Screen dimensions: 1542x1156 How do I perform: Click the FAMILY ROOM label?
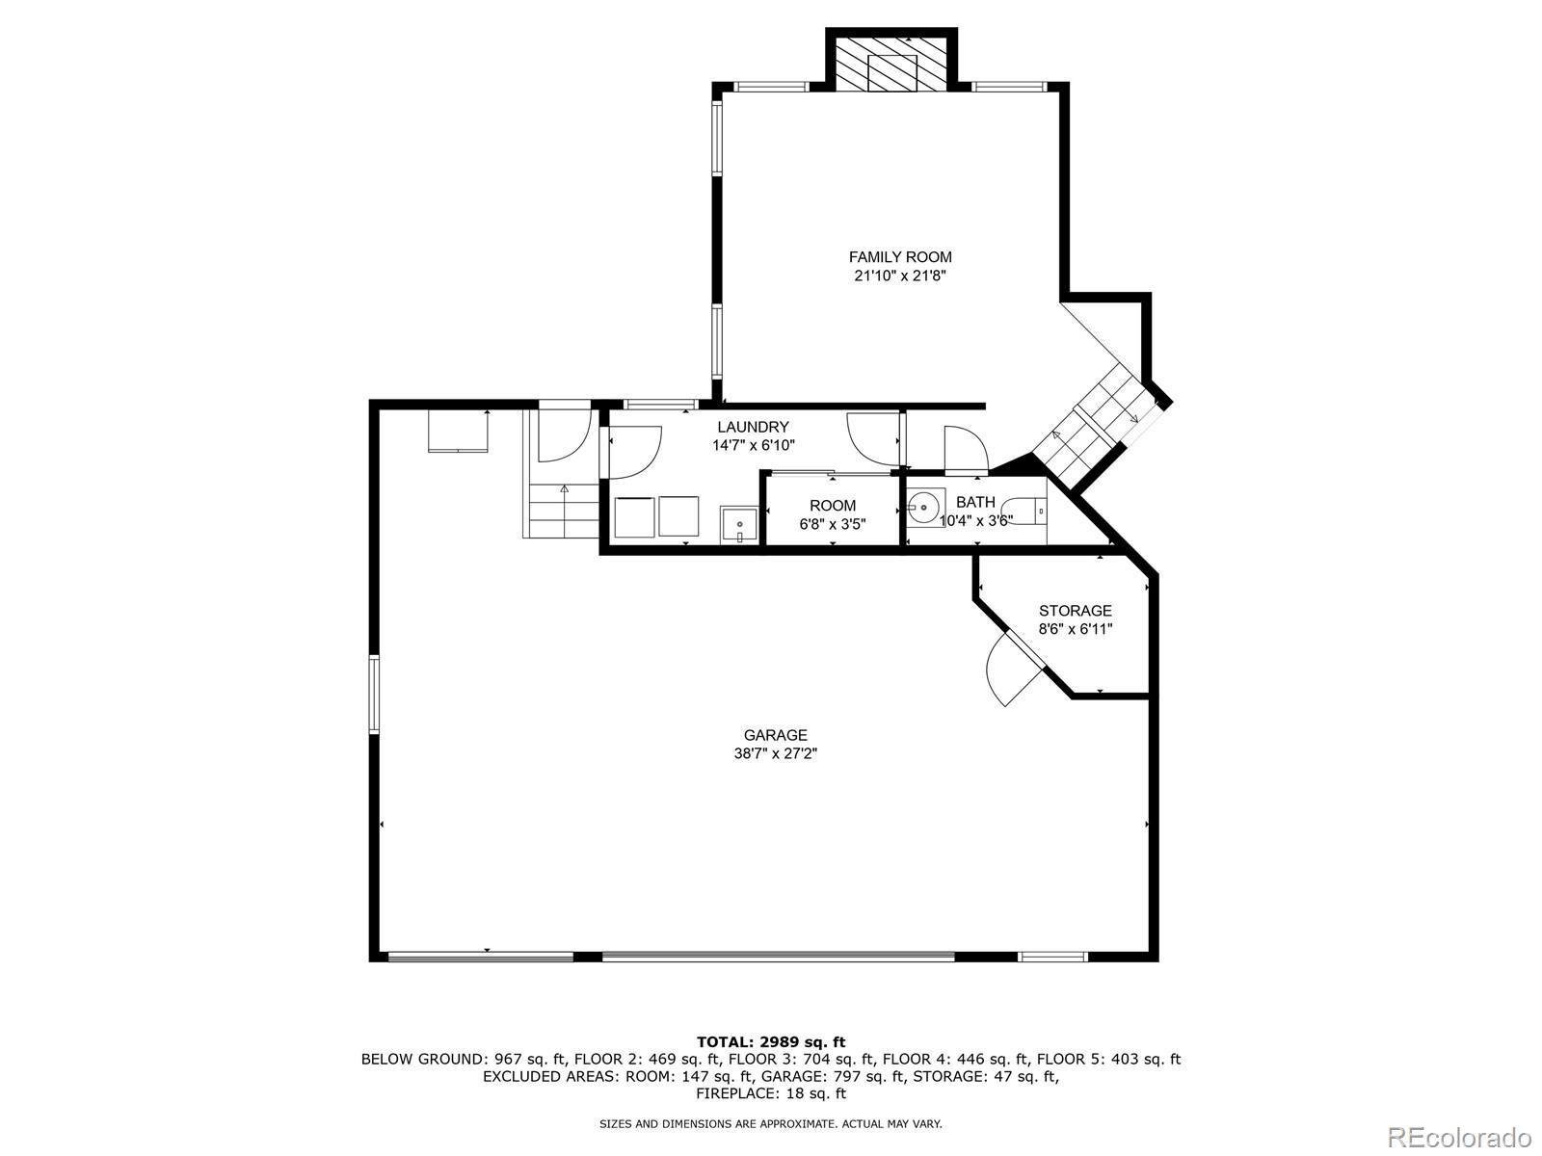point(900,257)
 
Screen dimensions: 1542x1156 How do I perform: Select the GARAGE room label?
point(775,735)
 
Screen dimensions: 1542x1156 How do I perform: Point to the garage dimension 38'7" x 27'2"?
point(775,754)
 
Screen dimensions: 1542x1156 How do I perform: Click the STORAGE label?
point(1076,611)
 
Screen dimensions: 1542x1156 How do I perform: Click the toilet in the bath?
point(1024,511)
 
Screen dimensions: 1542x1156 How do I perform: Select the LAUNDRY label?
point(753,427)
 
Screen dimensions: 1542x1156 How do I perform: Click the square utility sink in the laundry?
point(738,525)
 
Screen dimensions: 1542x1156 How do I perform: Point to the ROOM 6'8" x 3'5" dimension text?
point(833,524)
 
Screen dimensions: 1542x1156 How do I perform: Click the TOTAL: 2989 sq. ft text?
point(771,1041)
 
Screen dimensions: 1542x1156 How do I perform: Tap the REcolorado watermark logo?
point(1460,1135)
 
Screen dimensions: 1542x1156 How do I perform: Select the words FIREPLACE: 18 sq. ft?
point(771,1092)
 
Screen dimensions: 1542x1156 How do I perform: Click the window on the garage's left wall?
point(375,695)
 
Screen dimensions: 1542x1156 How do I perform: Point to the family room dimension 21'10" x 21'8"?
point(900,276)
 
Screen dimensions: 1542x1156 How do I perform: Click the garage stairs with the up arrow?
point(562,511)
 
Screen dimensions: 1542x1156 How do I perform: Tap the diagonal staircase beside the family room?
point(1100,427)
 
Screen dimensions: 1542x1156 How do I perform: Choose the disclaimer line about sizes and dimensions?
point(771,1123)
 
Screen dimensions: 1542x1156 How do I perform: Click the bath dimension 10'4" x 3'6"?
point(975,521)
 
